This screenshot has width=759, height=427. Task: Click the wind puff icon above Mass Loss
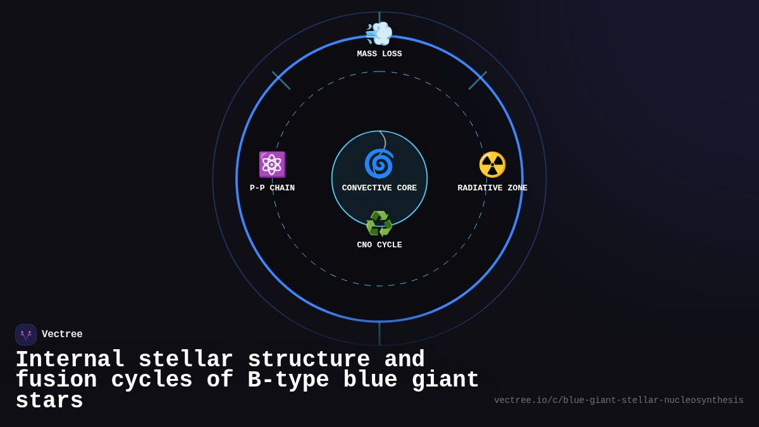(379, 34)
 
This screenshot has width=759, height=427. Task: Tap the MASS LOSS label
(379, 54)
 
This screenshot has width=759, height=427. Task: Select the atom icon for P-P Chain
(272, 164)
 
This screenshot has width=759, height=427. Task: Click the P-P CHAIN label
(272, 189)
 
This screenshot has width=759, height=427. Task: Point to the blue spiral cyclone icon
(379, 164)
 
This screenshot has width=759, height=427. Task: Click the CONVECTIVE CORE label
(379, 189)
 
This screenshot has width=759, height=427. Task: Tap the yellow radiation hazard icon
(492, 164)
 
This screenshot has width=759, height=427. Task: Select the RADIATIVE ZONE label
(492, 189)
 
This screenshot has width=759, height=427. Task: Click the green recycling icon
(379, 224)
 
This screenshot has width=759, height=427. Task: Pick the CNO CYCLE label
(379, 245)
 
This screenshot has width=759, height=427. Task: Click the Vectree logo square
(26, 335)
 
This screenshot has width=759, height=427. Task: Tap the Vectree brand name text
(62, 335)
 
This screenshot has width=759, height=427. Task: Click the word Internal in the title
(70, 360)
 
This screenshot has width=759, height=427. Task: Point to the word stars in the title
(49, 401)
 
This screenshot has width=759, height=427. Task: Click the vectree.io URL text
(619, 400)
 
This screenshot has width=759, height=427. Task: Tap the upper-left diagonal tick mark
(281, 80)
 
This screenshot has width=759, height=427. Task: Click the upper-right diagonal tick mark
(478, 80)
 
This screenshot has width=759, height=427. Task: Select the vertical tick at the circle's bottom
(379, 333)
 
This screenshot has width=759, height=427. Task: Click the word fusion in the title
(56, 380)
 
